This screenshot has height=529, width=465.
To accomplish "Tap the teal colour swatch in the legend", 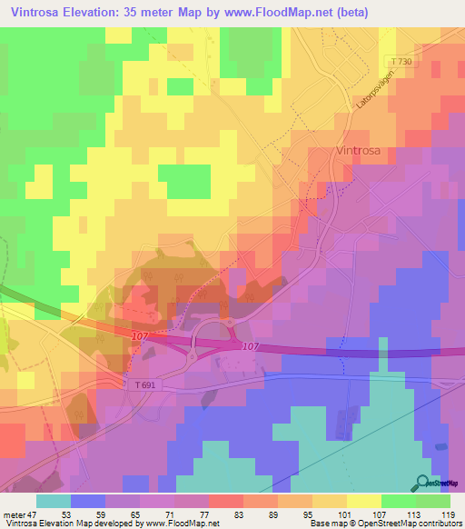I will pos(53,501).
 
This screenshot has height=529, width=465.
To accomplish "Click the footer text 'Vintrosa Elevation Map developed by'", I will pos(64,524).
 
